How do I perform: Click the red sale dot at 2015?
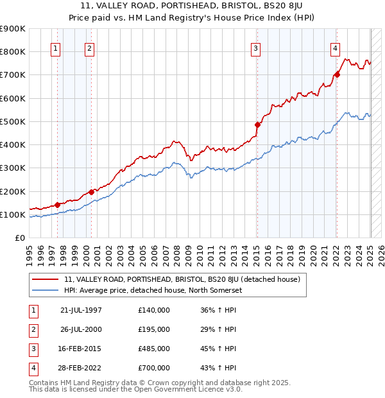257,125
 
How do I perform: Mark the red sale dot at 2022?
337,74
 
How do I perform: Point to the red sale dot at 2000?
91,191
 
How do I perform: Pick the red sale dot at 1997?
58,204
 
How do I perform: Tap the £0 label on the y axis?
19,238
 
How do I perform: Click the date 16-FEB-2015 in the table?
81,349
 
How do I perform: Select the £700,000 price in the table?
154,368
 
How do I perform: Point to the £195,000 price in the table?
154,329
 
